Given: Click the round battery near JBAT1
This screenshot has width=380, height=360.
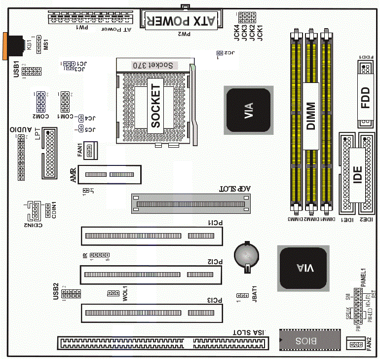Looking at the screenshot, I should point(246,255).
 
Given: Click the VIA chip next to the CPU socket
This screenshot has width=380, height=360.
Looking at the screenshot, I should point(248,110).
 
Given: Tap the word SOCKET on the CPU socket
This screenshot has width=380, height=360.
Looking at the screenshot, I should point(156,106).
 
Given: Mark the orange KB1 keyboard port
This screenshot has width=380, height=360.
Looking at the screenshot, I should point(11,46).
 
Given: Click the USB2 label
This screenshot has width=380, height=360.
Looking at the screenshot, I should point(56,291).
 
